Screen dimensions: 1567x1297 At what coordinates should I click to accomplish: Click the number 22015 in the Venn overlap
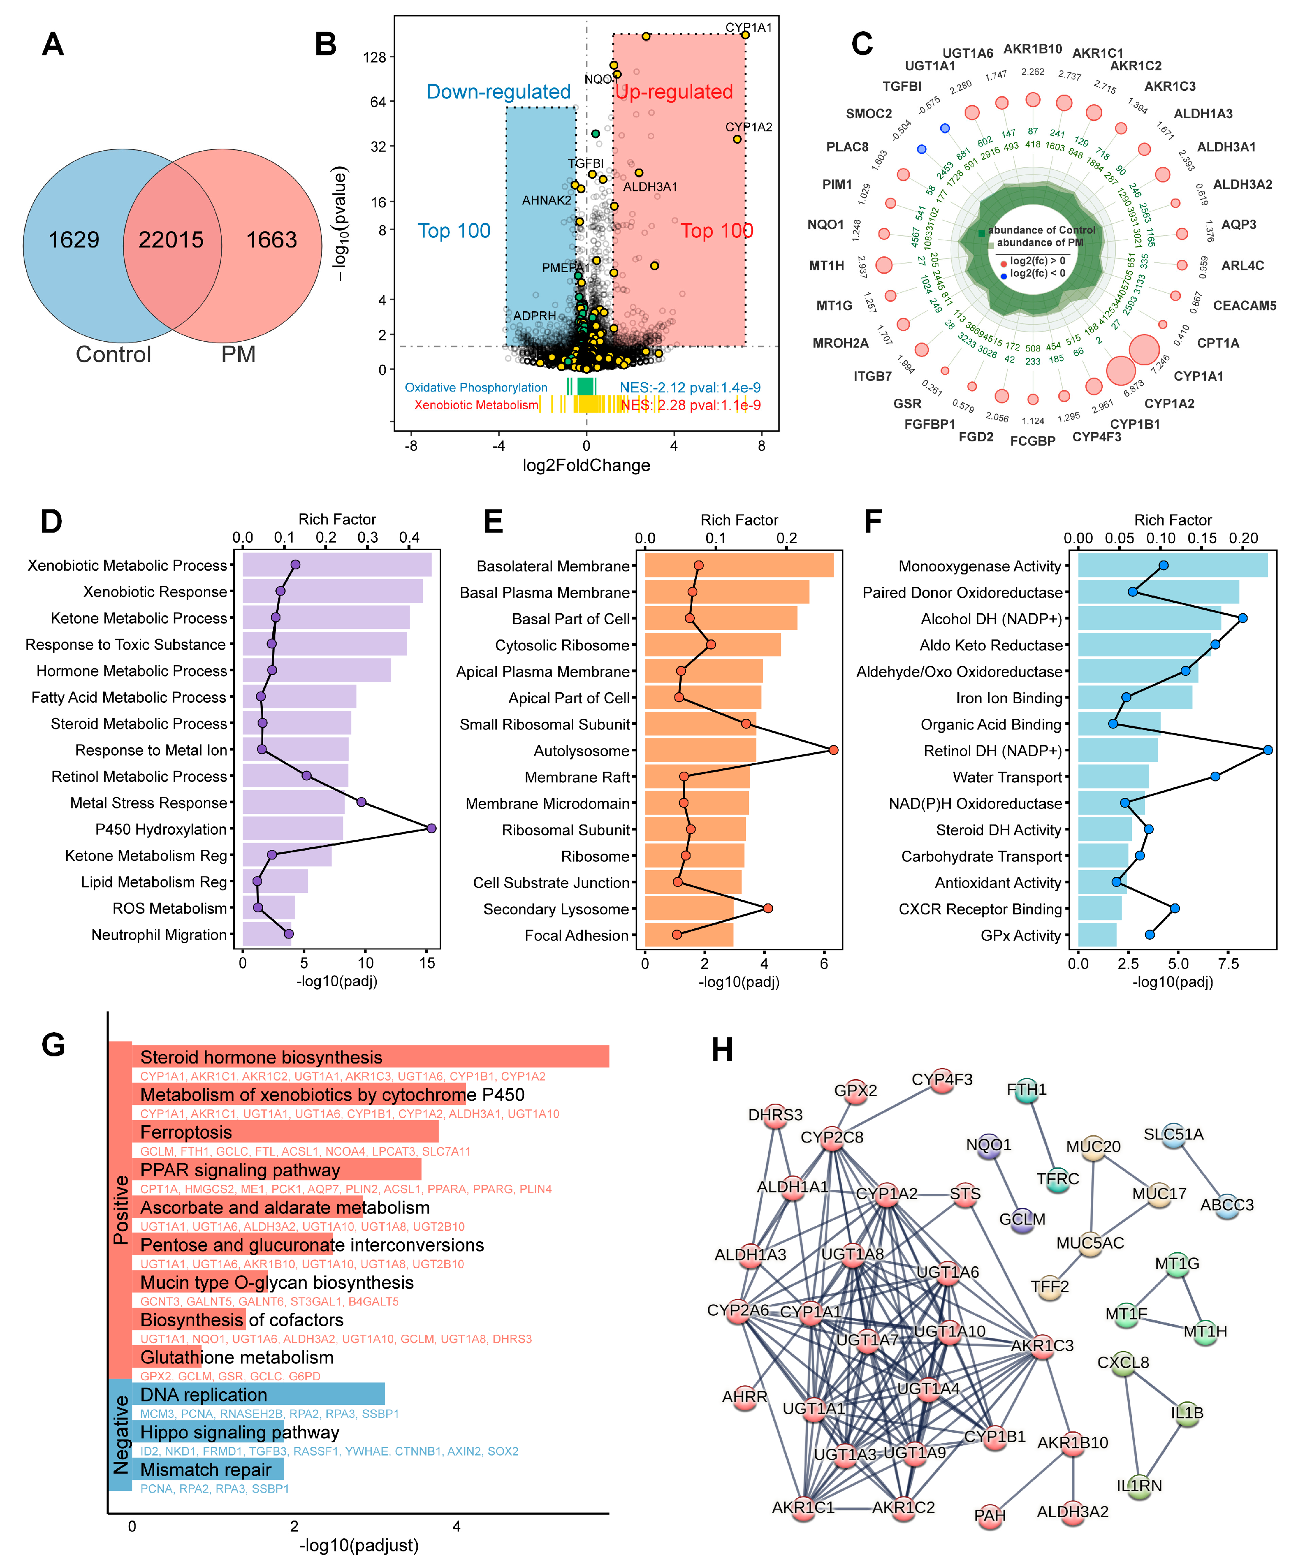pos(171,239)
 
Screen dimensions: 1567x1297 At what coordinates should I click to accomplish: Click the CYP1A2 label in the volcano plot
pos(748,127)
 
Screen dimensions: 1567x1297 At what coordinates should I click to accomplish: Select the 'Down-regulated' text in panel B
pos(498,92)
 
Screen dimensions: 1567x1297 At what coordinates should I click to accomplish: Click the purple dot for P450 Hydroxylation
pos(431,828)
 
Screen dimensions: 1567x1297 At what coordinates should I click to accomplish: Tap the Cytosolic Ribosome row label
pos(562,645)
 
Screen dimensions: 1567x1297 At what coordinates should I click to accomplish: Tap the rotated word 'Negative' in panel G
pos(120,1434)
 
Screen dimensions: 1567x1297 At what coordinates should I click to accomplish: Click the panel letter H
pos(722,1050)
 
